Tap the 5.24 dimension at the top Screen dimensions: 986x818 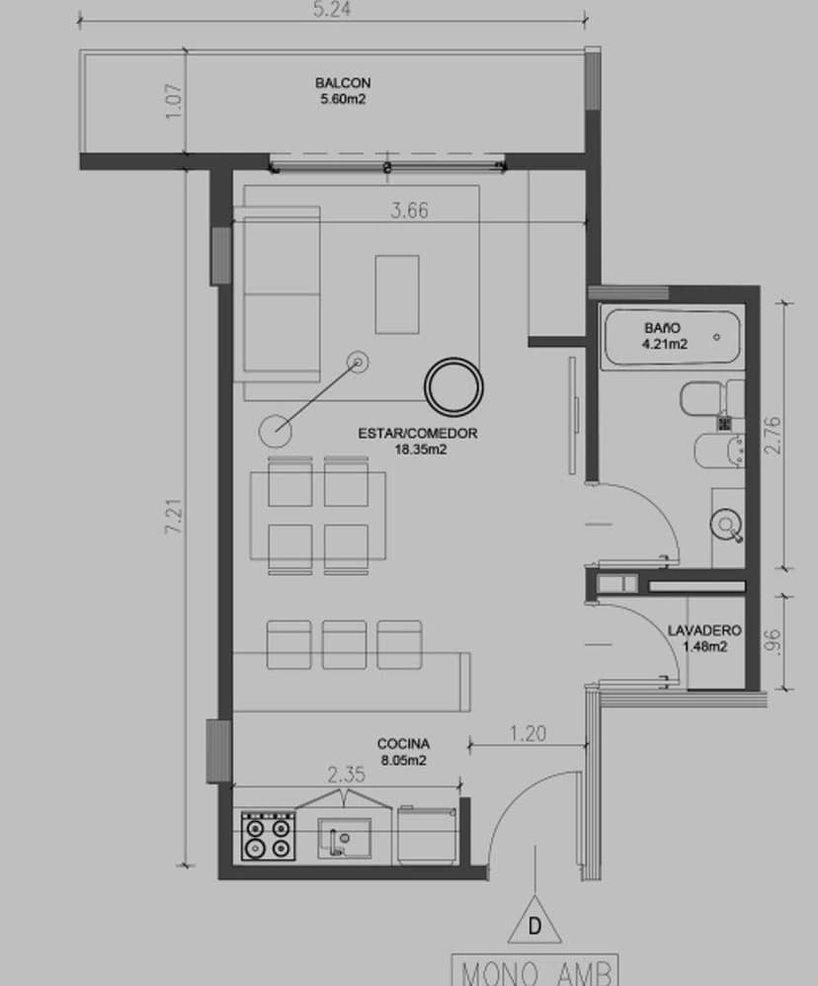333,10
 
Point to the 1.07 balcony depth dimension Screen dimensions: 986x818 175,103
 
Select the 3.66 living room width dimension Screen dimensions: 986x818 409,210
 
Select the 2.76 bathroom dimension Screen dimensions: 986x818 773,435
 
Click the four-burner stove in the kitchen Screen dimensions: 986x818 268,836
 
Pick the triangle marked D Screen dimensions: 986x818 534,923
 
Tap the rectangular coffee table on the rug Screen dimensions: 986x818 396,294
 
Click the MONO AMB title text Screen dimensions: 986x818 534,970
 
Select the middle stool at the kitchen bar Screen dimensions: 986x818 344,644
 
